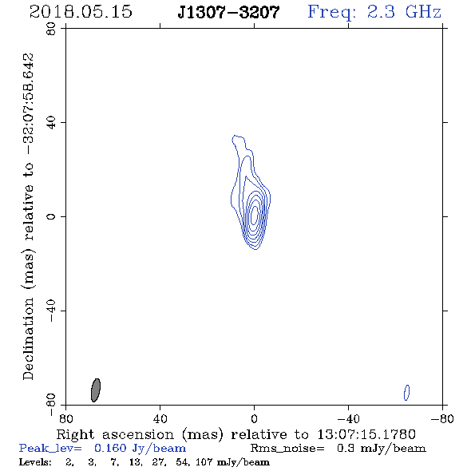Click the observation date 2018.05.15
[81, 12]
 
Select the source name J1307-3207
[228, 13]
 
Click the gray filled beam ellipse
[96, 390]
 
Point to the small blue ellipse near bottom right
[406, 393]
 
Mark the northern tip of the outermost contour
[235, 136]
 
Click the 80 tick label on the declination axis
[51, 29]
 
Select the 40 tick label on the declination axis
[51, 123]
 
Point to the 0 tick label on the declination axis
[51, 216]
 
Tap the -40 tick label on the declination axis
[51, 311]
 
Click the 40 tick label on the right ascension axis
[160, 419]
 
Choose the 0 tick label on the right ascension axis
[254, 419]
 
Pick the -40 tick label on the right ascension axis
[348, 419]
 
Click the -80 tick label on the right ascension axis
[442, 419]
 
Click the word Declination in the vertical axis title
[28, 338]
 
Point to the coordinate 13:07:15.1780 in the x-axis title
[366, 434]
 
